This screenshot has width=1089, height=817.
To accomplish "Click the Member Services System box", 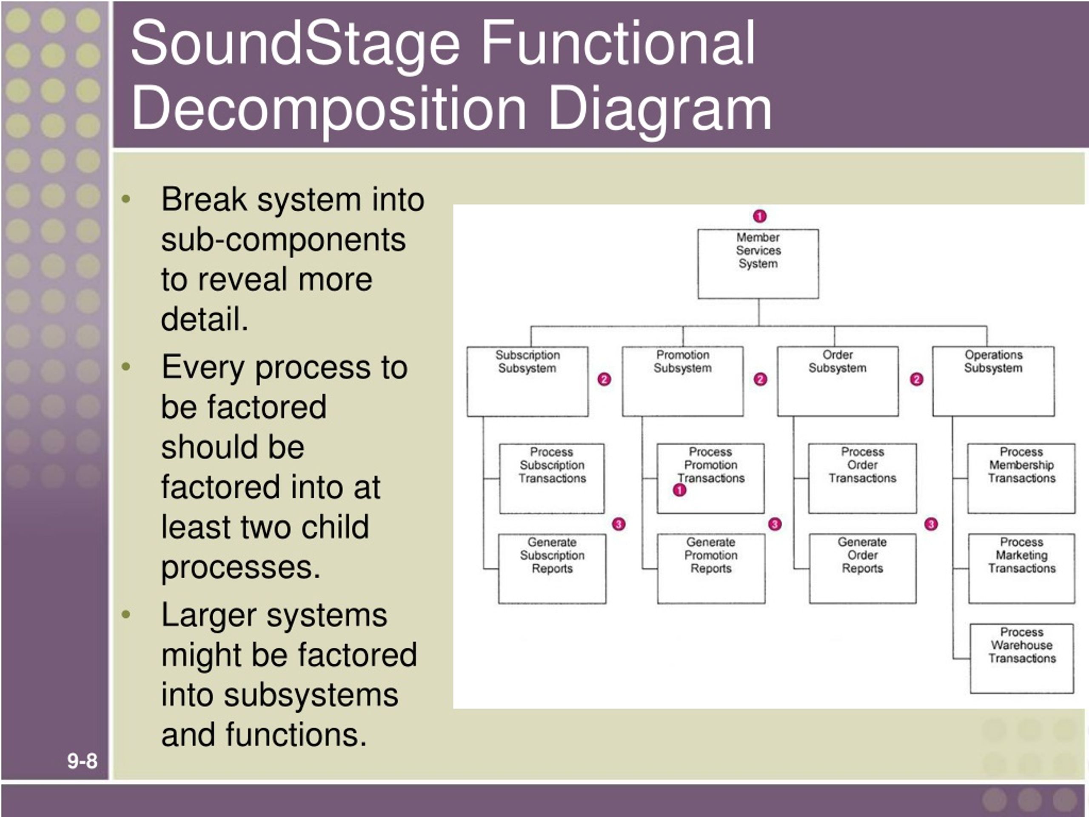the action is pos(758,263).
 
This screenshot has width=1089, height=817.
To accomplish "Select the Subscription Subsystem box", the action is pos(527,382).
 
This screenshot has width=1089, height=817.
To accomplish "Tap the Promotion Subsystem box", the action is pos(683,382).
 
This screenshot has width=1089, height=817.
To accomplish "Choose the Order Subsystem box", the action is pos(838,382).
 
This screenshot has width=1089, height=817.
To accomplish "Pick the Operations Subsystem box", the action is pos(993,382).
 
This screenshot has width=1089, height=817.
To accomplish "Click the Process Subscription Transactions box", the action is pos(552,479).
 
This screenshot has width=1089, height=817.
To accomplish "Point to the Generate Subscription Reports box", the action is pos(552,569).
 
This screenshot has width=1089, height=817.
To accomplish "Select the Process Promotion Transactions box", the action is pos(711,479).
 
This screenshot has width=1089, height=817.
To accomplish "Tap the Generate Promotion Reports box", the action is pos(711,569).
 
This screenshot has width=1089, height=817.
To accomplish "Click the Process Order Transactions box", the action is pos(863,479).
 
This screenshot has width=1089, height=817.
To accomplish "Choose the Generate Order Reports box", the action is pos(863,569).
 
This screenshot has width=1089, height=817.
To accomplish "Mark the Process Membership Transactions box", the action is pos(1021,479).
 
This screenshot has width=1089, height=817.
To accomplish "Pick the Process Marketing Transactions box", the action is pos(1021,569).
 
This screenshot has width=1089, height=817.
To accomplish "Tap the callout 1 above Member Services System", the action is pos(760,216).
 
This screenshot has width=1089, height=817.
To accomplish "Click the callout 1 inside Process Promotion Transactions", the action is pos(680,490).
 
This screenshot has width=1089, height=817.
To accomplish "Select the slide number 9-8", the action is pos(82,761).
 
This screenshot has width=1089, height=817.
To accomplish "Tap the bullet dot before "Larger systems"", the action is pos(126,614).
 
